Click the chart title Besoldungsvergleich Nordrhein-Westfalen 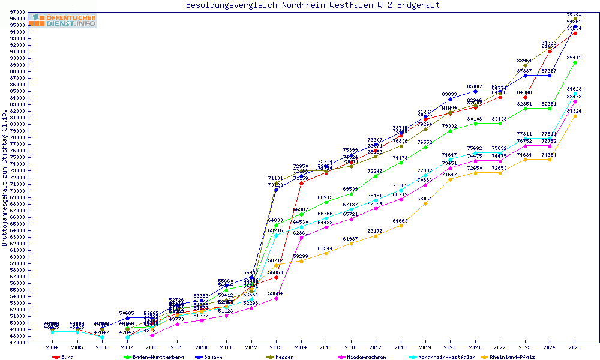tap(313, 5)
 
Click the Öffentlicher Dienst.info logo tap(62, 20)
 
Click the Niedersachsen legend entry tap(360, 357)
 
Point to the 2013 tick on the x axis tap(275, 347)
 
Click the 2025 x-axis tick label tap(575, 347)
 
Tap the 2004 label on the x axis tap(52, 347)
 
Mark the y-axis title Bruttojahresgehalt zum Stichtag tap(5, 178)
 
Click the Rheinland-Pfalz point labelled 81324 tap(575, 116)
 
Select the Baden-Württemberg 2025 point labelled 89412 tap(575, 62)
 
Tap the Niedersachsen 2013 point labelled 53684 tap(276, 298)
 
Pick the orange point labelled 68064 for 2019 tap(425, 203)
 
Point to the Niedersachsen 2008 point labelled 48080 tap(152, 335)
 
